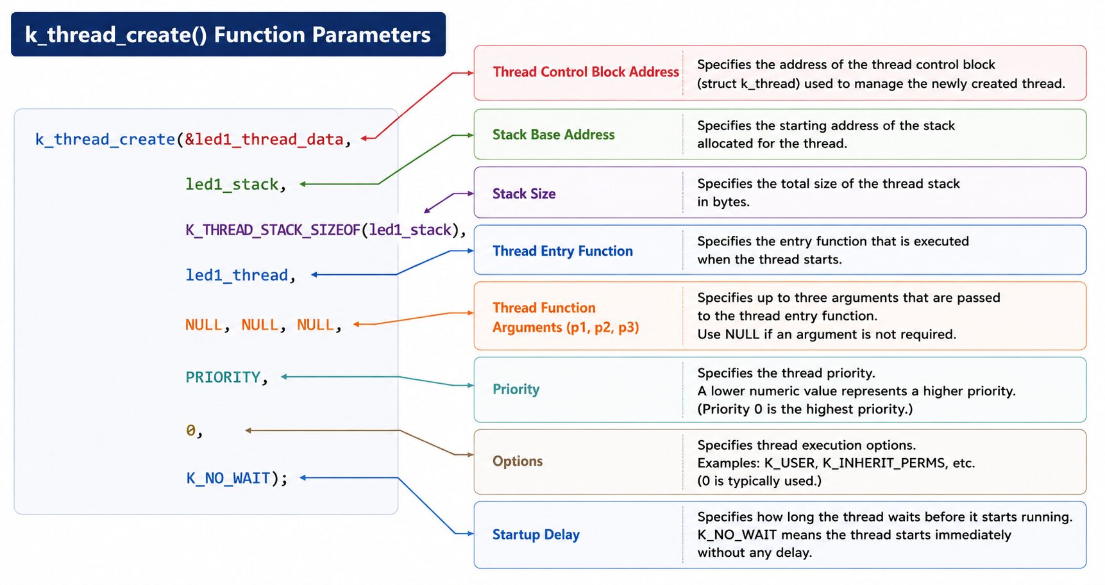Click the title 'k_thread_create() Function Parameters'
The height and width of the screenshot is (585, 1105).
[228, 35]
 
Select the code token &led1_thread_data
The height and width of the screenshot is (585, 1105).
[264, 139]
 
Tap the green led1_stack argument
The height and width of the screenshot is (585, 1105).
[232, 185]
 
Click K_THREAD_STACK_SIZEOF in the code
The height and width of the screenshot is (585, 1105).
[273, 230]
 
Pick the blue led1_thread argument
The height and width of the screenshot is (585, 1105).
[237, 275]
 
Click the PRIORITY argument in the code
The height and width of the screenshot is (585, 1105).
[223, 377]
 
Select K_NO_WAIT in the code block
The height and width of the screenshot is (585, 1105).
[228, 479]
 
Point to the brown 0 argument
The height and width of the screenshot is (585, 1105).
[190, 430]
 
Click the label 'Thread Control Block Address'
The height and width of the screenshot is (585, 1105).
[586, 72]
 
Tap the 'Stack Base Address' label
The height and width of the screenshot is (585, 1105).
[553, 135]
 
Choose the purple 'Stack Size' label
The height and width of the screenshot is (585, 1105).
[524, 194]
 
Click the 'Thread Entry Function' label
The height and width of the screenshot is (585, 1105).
[562, 251]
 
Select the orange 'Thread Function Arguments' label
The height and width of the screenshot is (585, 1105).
[566, 317]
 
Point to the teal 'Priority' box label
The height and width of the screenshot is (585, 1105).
[516, 390]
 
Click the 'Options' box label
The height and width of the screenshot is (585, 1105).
[518, 461]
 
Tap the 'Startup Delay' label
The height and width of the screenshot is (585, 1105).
[536, 534]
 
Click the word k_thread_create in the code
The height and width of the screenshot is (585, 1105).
[105, 139]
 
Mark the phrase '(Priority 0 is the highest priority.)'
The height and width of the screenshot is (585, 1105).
[805, 409]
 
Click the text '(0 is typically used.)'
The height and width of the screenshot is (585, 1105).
[759, 481]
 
